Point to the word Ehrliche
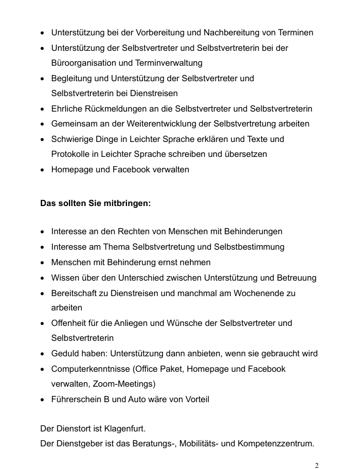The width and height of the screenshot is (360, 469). [68, 109]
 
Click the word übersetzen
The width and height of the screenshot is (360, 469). [247, 154]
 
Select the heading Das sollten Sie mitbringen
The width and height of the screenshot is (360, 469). [96, 203]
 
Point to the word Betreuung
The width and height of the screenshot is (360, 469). [297, 278]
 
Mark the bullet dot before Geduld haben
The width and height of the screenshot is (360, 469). [43, 354]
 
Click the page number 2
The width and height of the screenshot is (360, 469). [316, 465]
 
